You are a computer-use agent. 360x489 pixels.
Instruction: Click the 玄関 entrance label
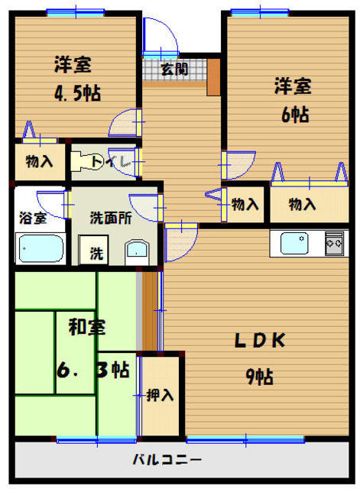pyautogui.click(x=174, y=69)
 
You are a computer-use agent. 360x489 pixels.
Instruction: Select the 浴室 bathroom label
pyautogui.click(x=33, y=218)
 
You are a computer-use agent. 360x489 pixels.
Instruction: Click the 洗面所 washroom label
pyautogui.click(x=111, y=218)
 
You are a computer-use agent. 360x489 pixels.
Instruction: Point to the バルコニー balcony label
pyautogui.click(x=167, y=459)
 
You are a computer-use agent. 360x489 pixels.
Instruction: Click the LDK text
pyautogui.click(x=260, y=340)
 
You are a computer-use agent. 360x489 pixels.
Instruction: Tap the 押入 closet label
pyautogui.click(x=160, y=395)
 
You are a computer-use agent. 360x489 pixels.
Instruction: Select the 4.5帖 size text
pyautogui.click(x=78, y=93)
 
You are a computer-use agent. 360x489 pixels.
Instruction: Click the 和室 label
pyautogui.click(x=87, y=327)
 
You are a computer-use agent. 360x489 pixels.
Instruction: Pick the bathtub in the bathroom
pyautogui.click(x=41, y=248)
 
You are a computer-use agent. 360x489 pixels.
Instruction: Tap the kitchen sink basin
pyautogui.click(x=294, y=243)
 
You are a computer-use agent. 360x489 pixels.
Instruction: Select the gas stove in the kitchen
pyautogui.click(x=334, y=243)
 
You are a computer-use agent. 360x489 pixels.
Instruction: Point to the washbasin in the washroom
pyautogui.click(x=137, y=252)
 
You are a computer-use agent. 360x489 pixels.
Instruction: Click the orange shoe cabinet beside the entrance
pyautogui.click(x=214, y=77)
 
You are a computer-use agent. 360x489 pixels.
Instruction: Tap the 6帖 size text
pyautogui.click(x=295, y=115)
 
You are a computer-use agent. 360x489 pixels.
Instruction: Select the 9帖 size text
pyautogui.click(x=260, y=377)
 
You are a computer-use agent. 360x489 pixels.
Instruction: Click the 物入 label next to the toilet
pyautogui.click(x=39, y=161)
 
